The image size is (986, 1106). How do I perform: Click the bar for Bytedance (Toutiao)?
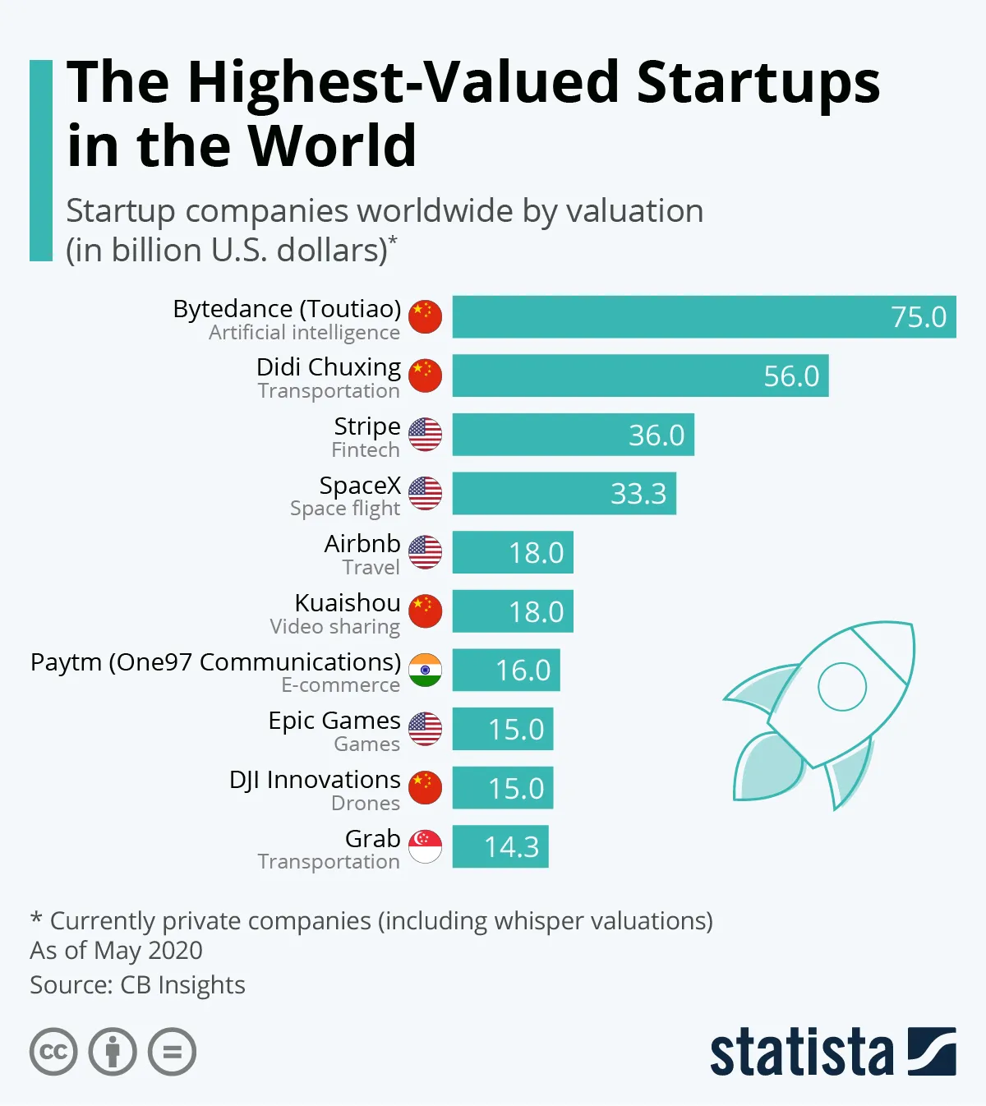point(703,316)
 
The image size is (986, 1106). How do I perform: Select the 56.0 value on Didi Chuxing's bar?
point(790,376)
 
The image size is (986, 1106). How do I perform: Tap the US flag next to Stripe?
point(425,435)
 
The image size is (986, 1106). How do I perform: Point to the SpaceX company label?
point(360,486)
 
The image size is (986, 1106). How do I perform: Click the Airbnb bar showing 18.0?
point(512,552)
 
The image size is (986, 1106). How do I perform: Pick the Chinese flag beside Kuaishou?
point(425,611)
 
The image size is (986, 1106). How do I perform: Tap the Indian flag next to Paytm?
point(425,671)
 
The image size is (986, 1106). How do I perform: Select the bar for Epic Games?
point(502,729)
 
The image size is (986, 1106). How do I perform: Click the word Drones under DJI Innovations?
point(365,803)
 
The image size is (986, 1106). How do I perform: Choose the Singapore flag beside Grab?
point(425,847)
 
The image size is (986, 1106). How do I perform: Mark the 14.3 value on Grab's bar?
point(511,847)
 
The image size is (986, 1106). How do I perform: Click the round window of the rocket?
point(842,686)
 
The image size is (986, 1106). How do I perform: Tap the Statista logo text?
point(801,1052)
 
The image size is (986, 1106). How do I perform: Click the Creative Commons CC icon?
point(53,1052)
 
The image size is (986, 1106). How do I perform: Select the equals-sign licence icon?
point(172,1052)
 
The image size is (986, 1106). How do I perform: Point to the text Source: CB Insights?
point(137,984)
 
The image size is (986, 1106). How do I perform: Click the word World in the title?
point(332,146)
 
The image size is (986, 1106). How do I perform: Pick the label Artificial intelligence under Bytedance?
point(304,333)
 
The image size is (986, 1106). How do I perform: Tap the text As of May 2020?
point(116,951)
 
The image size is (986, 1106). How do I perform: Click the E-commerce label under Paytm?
point(340,685)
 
